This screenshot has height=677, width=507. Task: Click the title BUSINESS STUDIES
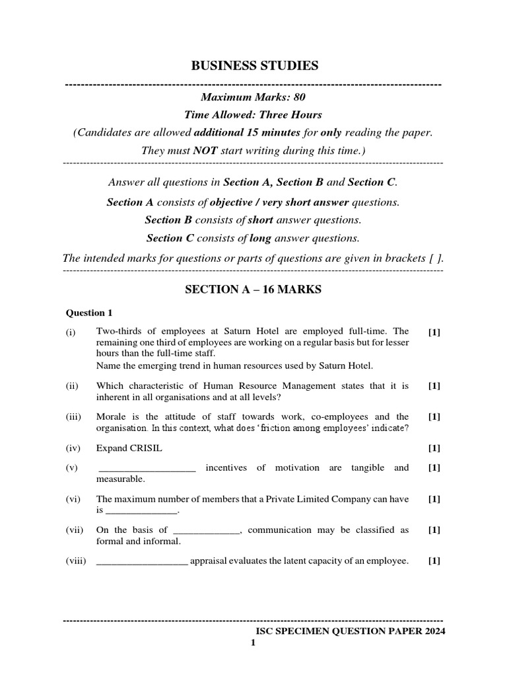coord(254,65)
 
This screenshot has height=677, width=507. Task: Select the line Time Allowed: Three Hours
coord(253,115)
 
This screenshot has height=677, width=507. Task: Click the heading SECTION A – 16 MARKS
coord(253,290)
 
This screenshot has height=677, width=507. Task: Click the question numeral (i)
coord(71,332)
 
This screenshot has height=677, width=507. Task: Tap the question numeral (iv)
coord(73,448)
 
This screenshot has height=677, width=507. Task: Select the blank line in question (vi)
coord(141,512)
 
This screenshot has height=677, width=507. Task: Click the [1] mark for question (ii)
coord(434,385)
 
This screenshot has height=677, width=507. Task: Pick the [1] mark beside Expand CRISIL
coord(434,448)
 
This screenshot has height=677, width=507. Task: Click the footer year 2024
coord(433,631)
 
